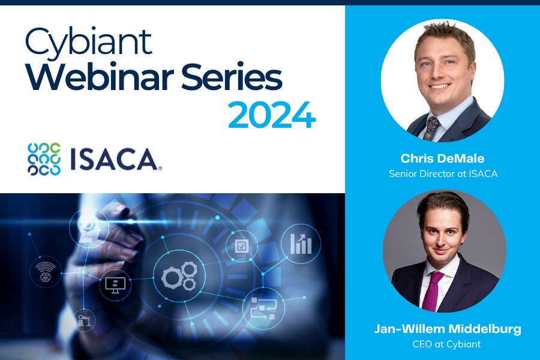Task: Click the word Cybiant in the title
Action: pos(89,43)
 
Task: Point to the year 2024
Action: pos(272,115)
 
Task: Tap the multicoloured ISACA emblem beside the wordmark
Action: pos(44,159)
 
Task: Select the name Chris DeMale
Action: pos(443,158)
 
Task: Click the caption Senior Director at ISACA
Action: pos(443,173)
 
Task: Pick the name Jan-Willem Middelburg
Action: pos(448,329)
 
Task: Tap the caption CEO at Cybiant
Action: pos(446,344)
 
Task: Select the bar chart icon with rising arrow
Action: pos(301,244)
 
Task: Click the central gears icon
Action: pos(179,275)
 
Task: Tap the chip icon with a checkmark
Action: pos(241,246)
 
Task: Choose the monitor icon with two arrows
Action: pos(115,285)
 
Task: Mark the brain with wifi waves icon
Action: pos(46,272)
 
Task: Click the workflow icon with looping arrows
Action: pos(263,308)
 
